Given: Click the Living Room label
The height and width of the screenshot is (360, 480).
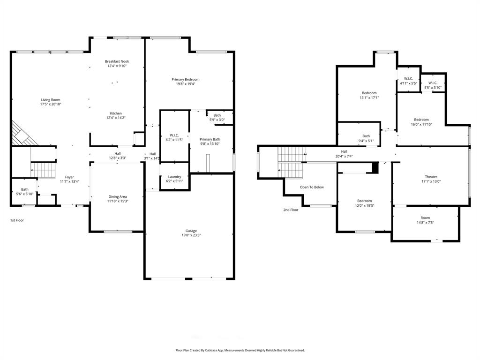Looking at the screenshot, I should point(51,100).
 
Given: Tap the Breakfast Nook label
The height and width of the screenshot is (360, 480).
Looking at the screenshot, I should point(117,61).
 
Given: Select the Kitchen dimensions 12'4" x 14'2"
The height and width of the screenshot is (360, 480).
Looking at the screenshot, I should point(116,118).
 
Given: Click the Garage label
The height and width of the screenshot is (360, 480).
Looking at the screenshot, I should point(191,231).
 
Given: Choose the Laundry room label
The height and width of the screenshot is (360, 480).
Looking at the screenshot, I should point(174,177).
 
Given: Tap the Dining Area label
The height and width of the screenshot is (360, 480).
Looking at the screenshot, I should point(117,196).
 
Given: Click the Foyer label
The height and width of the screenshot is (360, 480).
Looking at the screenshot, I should point(69,177).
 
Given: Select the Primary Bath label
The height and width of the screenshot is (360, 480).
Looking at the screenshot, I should point(210,139).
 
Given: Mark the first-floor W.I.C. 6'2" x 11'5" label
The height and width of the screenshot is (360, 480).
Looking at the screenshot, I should point(174,137).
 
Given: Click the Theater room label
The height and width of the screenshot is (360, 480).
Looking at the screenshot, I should point(431,177).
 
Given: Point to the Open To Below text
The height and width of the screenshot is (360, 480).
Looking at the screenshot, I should point(312,187).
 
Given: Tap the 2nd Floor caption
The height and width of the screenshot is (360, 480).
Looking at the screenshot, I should point(291,210).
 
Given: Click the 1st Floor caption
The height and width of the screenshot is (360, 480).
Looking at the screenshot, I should point(17,220).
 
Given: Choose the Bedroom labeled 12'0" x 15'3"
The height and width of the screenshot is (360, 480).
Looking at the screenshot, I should point(364,203).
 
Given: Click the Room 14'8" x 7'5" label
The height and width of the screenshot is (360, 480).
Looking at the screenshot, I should point(425,220).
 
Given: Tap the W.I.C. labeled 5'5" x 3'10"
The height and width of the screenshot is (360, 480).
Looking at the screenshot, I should point(433,85).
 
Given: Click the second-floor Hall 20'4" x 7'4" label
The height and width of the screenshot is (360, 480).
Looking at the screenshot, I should point(344,154).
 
